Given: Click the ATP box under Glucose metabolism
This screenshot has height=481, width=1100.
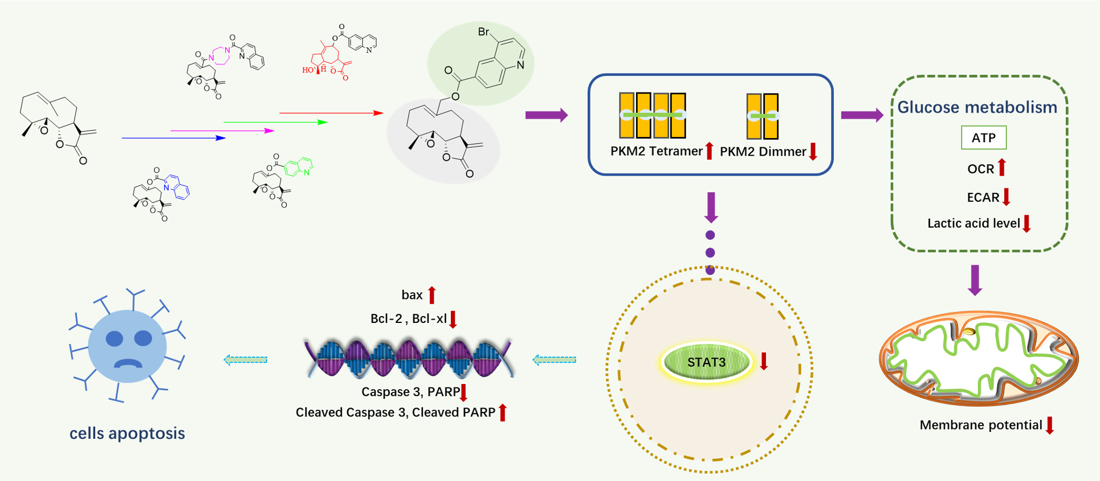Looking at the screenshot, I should point(984,138).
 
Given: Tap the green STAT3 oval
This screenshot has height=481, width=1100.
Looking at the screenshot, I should point(706,362).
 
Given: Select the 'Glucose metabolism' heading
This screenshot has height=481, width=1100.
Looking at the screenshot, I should point(977,107).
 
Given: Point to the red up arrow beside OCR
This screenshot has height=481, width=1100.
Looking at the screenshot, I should point(1002,167).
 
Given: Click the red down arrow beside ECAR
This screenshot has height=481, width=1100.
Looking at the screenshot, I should point(1007,196).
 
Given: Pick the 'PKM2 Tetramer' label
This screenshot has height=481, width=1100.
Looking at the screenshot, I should point(656,151).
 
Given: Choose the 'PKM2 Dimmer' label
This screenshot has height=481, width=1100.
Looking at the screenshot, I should point(763,152).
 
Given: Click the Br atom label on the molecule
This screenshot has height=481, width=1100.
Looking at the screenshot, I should point(484,32).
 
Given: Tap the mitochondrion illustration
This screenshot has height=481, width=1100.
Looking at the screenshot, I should point(979,358).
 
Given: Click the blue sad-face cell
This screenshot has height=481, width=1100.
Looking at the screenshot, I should point(128,347).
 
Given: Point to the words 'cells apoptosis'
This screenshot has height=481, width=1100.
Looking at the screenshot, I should point(127,433).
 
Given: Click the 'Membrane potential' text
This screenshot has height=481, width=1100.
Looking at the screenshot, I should point(980,425).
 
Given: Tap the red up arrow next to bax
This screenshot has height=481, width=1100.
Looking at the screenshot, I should point(432,295).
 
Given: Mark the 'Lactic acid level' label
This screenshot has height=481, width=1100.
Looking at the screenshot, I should point(973,223).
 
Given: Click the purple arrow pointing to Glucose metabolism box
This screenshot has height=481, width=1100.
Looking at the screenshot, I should point(862,115).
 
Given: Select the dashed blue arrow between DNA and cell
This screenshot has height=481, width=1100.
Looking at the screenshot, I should point(246,359).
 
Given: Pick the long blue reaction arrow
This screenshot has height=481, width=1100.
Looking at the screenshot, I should point(174,138).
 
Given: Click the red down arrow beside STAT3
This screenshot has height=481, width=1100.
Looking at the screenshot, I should point(764,361).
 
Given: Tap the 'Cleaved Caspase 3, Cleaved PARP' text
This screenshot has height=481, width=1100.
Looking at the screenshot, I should point(395,413).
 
